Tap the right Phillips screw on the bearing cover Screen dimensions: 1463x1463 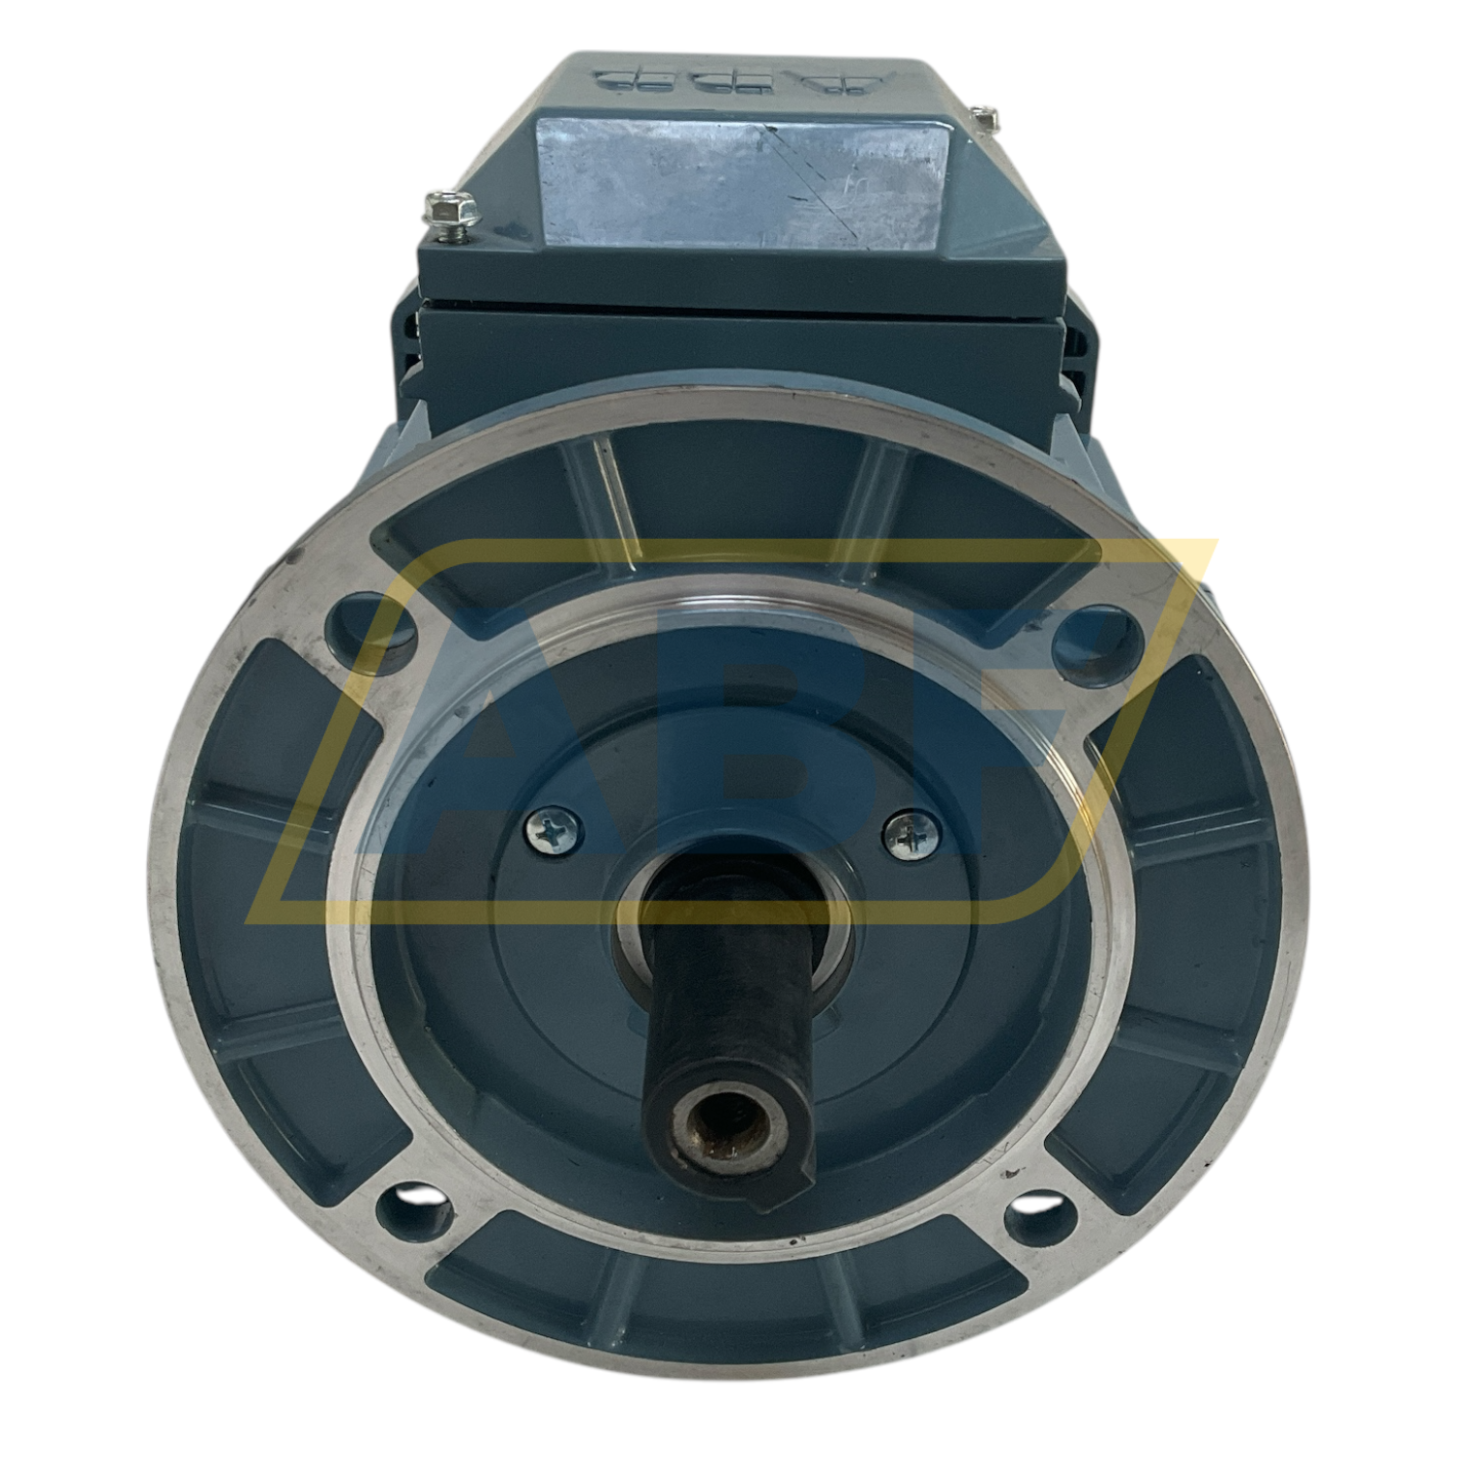click(911, 834)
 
